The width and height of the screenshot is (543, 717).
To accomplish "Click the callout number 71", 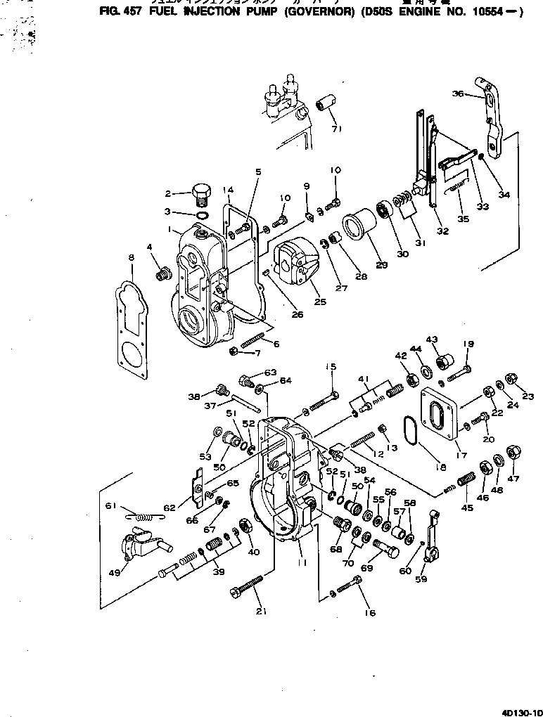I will (x=336, y=129).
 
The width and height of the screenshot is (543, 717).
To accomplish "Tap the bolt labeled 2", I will (x=200, y=192).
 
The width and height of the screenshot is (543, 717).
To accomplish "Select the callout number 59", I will (x=422, y=580).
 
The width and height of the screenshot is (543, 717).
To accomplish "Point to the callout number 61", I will (x=111, y=507).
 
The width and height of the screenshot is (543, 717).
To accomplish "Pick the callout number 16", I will (x=371, y=612).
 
